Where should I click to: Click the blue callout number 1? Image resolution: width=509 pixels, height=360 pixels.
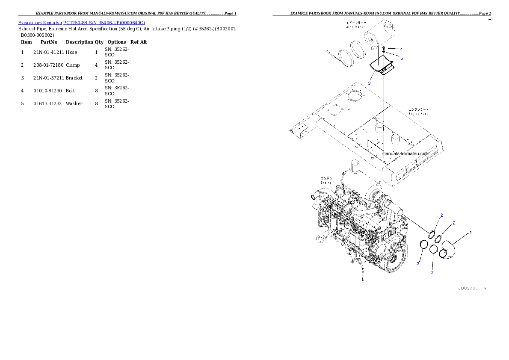pyautogui.click(x=471, y=232)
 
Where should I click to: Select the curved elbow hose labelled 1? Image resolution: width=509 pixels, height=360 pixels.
pyautogui.click(x=447, y=251)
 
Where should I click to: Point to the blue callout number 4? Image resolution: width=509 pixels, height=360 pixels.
pyautogui.click(x=401, y=49)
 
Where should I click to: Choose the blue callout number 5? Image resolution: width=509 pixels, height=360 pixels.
pyautogui.click(x=401, y=58)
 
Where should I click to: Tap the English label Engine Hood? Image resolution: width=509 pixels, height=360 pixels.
pyautogui.click(x=419, y=114)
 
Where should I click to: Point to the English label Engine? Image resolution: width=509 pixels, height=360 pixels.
pyautogui.click(x=326, y=182)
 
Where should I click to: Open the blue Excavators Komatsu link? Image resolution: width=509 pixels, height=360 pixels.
pyautogui.click(x=81, y=22)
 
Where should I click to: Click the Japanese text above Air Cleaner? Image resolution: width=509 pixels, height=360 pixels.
pyautogui.click(x=359, y=22)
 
